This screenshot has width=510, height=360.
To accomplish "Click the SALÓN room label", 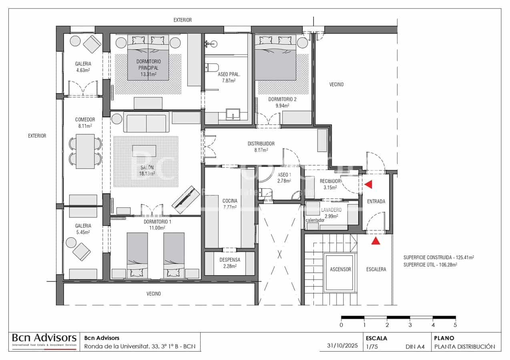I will (147, 167).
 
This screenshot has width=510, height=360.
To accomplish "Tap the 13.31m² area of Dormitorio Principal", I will (148, 74).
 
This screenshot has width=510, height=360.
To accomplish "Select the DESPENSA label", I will (230, 260).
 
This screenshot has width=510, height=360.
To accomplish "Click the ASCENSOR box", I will (340, 269).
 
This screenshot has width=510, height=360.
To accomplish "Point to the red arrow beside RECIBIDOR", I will (368, 184).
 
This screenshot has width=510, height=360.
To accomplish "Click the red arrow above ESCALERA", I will (375, 240).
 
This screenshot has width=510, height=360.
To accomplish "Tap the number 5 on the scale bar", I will (455, 325).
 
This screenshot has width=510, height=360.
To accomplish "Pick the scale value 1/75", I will (372, 347).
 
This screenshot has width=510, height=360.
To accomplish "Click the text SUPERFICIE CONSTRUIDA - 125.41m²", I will (442, 258).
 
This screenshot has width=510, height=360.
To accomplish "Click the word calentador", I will (315, 220).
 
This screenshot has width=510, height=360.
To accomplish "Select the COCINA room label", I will (230, 201).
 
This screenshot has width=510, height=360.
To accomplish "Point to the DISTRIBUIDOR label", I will (261, 144).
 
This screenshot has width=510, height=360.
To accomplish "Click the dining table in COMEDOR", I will (85, 151).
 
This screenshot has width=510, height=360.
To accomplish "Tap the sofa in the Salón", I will (145, 123).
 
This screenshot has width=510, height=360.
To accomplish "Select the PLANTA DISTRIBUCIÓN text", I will (465, 347).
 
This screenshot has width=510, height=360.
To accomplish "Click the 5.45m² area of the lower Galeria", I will (83, 232).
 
